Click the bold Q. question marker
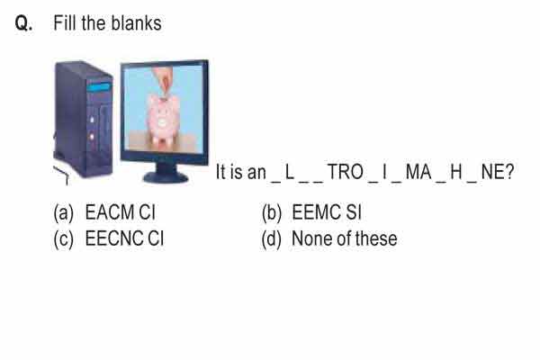click(x=23, y=23)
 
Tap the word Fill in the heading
click(x=66, y=23)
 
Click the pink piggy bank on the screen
click(x=163, y=119)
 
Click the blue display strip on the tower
click(x=99, y=86)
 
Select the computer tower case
click(x=84, y=119)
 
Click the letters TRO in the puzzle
click(x=345, y=172)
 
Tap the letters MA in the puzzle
click(x=418, y=172)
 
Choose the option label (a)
click(x=64, y=212)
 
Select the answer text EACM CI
click(x=120, y=212)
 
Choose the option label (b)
click(x=272, y=212)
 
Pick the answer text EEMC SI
click(x=327, y=212)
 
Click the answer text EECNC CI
click(x=124, y=238)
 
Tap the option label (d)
click(x=272, y=239)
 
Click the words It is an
click(x=240, y=172)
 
